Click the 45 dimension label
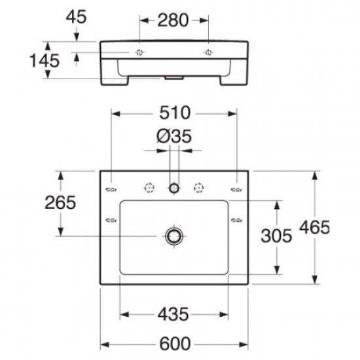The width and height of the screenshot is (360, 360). pyautogui.click(x=77, y=18)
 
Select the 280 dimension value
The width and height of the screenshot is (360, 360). pyautogui.click(x=174, y=21)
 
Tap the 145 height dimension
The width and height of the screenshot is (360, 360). pyautogui.click(x=45, y=60)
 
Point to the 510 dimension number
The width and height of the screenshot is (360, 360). pyautogui.click(x=173, y=113)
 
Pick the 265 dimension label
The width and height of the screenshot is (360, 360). pyautogui.click(x=60, y=203)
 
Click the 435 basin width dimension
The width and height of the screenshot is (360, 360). pyautogui.click(x=173, y=314)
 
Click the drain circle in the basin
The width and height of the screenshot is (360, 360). pyautogui.click(x=174, y=236)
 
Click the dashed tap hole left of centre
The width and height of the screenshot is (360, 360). pyautogui.click(x=149, y=189)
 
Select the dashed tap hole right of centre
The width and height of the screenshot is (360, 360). pyautogui.click(x=197, y=189)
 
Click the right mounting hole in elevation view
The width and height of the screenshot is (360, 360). pyautogui.click(x=209, y=52)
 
